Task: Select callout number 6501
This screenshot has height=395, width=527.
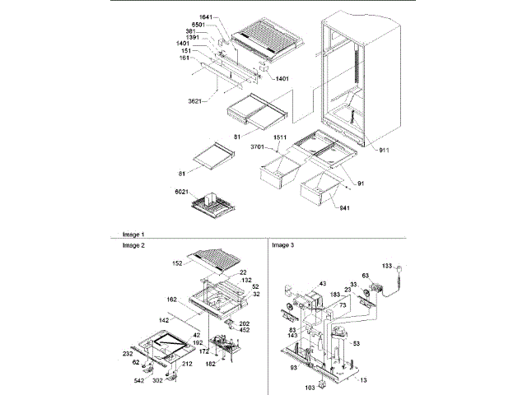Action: click(x=209, y=25)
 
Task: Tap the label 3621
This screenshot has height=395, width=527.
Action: click(x=194, y=102)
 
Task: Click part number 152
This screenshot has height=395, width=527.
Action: click(x=178, y=263)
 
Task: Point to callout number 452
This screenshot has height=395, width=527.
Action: click(x=245, y=331)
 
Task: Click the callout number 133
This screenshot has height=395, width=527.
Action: click(x=387, y=266)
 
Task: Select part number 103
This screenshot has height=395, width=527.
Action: click(x=311, y=386)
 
